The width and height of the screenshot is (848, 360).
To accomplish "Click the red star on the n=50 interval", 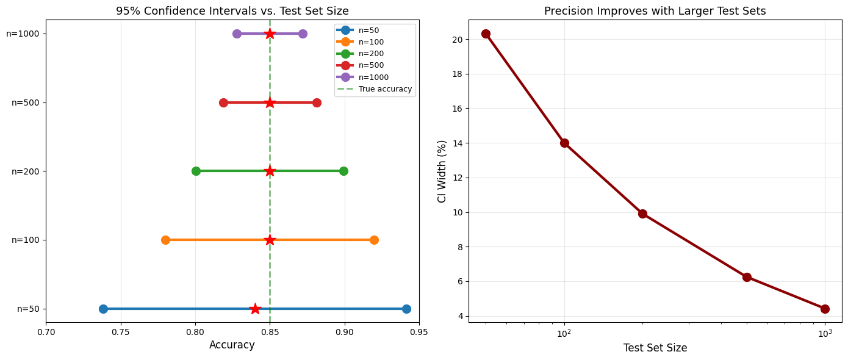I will [x=255, y=309].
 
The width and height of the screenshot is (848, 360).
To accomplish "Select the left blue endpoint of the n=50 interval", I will [x=103, y=309].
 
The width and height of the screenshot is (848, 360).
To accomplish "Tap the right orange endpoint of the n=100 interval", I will [x=374, y=240].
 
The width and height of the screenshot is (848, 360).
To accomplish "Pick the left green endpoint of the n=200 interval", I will [x=196, y=171].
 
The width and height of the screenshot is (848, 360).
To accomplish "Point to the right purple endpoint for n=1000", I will [x=303, y=34].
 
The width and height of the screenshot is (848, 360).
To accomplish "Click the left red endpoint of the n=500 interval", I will [x=223, y=103].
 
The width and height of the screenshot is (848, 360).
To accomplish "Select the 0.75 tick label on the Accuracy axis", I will [x=121, y=333].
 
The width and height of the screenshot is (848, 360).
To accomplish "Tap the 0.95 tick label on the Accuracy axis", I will [x=419, y=333].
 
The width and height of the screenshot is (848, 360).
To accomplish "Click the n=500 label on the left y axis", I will [x=24, y=103].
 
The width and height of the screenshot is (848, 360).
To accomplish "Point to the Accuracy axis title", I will [x=232, y=345].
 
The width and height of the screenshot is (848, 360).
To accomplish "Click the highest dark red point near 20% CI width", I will [x=486, y=34].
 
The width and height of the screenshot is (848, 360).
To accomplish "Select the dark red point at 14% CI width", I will [x=564, y=143].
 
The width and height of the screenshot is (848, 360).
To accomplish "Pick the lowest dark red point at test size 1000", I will [x=825, y=309].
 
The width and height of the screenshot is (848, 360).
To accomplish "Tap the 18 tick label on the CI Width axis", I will [x=456, y=74].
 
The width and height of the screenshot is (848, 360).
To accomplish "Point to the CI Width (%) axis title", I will [x=442, y=171].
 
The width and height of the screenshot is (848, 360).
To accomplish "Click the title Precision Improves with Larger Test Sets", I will [x=655, y=11].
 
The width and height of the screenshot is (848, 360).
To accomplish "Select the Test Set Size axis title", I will [x=655, y=348].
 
